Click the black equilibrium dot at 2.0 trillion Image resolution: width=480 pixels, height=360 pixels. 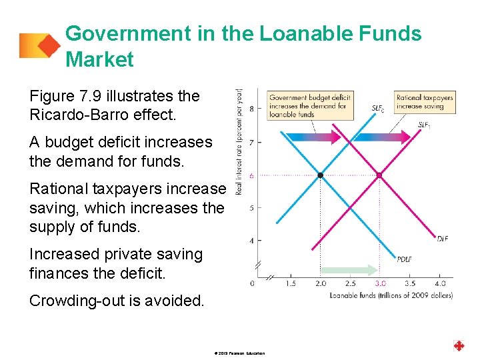click(321, 175)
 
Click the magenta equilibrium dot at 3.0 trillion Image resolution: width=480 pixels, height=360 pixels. click(379, 175)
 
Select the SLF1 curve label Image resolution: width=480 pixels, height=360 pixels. click(425, 125)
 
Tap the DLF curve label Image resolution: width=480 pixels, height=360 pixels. click(443, 238)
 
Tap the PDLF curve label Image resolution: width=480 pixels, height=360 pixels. click(404, 259)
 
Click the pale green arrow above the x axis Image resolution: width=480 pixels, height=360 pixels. click(351, 270)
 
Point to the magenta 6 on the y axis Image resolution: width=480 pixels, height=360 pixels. click(251, 175)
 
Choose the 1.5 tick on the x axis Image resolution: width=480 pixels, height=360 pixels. click(291, 283)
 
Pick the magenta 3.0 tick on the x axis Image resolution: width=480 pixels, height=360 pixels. click(380, 283)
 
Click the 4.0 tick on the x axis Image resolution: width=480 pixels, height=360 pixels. click(440, 283)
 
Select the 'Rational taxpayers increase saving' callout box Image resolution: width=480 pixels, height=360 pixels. click(425, 102)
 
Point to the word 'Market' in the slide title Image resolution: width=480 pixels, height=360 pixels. click(100, 60)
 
